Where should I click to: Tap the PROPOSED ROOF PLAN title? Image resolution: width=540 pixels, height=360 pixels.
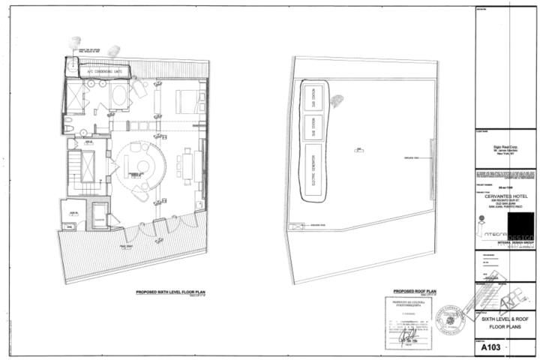[415, 291]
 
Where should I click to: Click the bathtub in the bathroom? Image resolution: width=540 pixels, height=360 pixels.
[118, 95]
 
